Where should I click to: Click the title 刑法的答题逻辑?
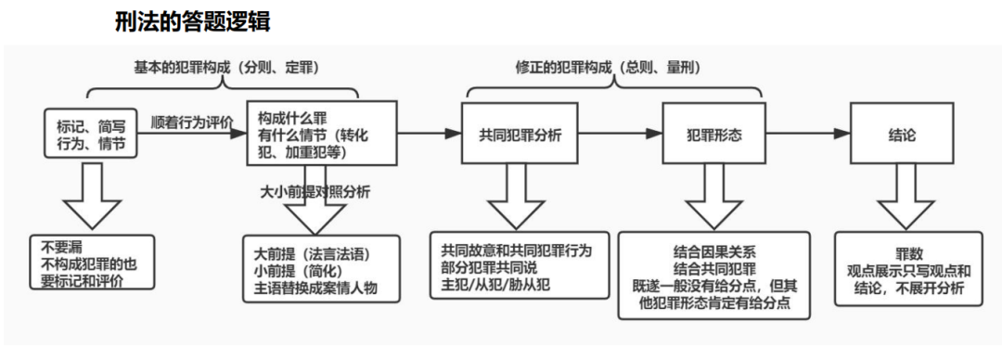tap(192, 21)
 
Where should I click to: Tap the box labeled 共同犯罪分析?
tap(520, 135)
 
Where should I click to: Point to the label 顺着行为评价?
tap(192, 121)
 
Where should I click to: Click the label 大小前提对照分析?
tap(315, 192)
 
